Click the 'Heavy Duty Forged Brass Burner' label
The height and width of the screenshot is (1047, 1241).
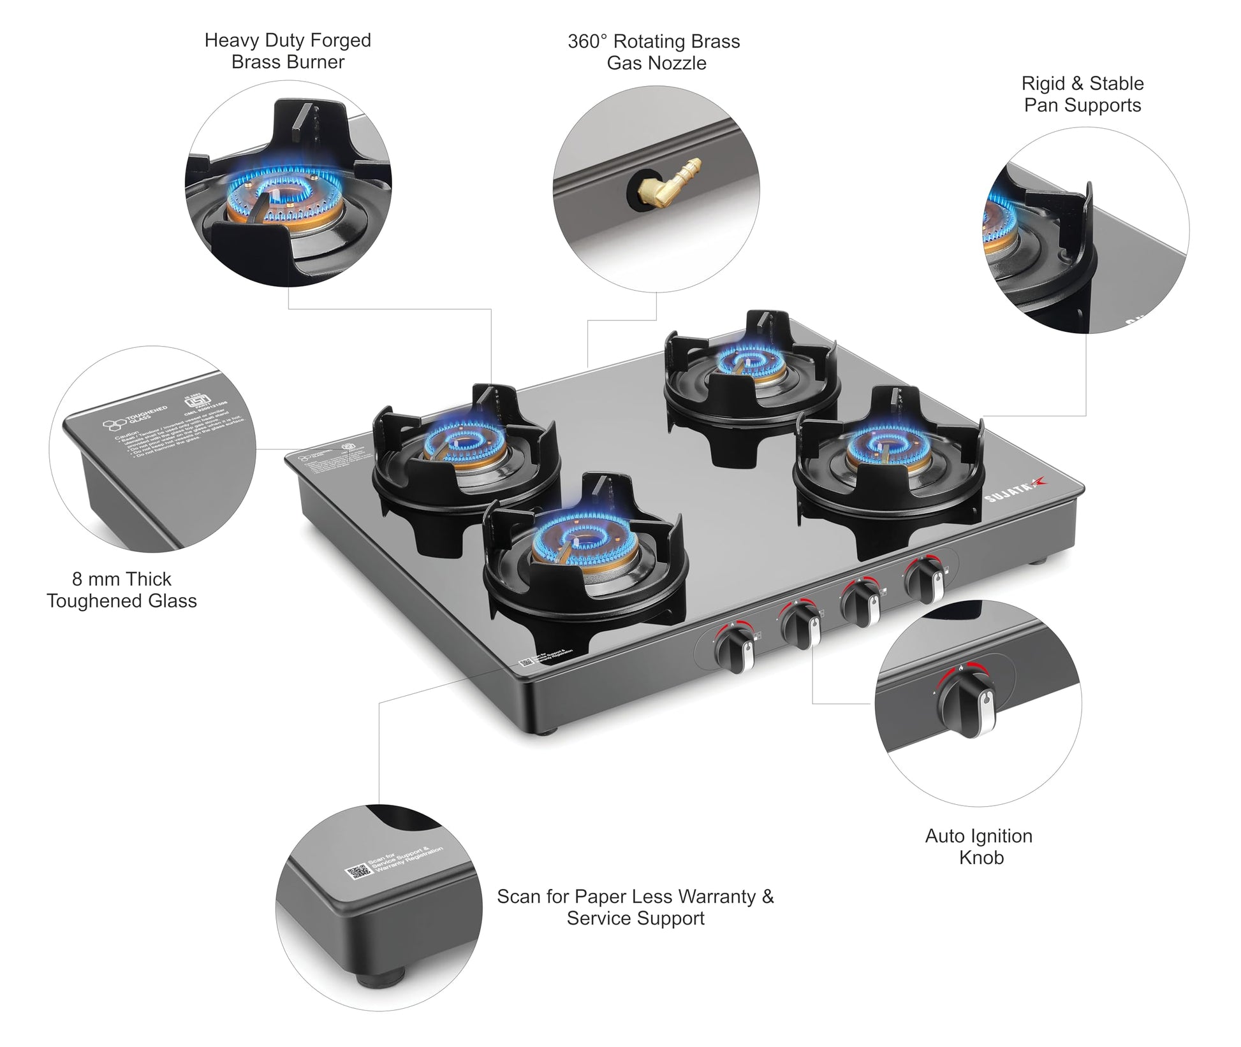288,51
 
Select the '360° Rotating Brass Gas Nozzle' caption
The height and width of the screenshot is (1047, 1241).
654,52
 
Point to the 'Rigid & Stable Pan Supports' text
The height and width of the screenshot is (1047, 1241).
1082,94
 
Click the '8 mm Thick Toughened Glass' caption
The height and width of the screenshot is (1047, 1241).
122,589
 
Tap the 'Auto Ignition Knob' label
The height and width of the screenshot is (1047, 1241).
979,846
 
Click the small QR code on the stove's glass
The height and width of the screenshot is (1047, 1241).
526,662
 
